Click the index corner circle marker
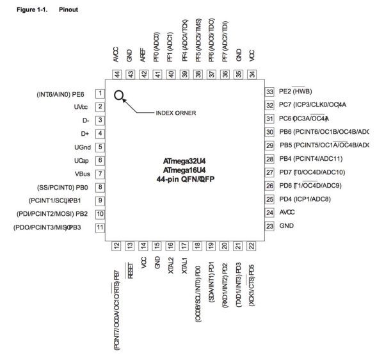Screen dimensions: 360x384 pos(119,96)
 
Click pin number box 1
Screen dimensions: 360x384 pos(100,94)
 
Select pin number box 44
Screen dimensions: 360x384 pos(117,74)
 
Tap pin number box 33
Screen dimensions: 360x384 pos(269,92)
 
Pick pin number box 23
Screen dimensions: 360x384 pos(269,226)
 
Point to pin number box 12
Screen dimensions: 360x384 pos(116,245)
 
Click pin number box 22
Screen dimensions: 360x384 pos(251,245)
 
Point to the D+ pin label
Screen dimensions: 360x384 pos(84,134)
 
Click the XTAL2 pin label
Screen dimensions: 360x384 pos(171,266)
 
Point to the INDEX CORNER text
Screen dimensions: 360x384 pos(176,113)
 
